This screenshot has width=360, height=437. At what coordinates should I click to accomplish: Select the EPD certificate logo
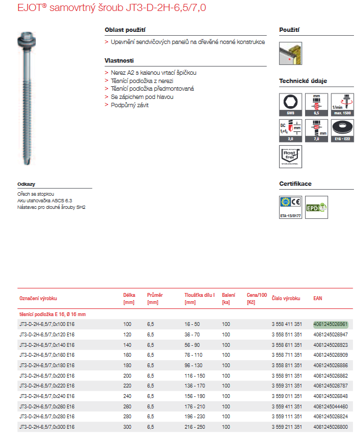(x=316, y=207)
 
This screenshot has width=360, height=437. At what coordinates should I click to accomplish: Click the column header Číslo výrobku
(x=286, y=298)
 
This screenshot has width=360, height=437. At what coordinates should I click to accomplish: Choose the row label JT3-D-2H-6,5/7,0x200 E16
(x=47, y=375)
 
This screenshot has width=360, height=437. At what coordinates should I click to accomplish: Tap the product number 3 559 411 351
(x=287, y=406)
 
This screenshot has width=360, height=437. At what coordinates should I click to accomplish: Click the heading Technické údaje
(x=303, y=81)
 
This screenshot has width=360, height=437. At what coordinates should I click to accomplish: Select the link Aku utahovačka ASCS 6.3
(x=45, y=201)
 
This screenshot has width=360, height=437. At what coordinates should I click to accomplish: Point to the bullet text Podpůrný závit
(x=130, y=105)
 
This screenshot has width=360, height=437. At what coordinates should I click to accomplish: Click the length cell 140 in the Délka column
(x=128, y=345)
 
